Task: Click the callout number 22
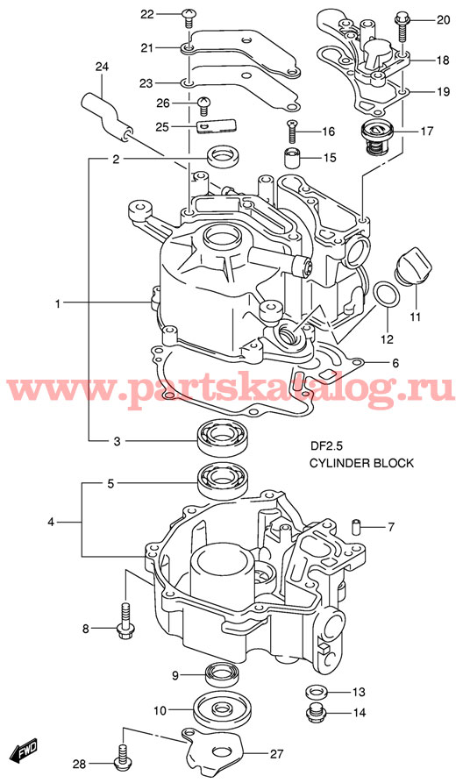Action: [x=147, y=14]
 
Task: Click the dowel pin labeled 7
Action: [x=357, y=527]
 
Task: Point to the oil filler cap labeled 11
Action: [x=410, y=266]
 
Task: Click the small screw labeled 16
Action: [x=292, y=130]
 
